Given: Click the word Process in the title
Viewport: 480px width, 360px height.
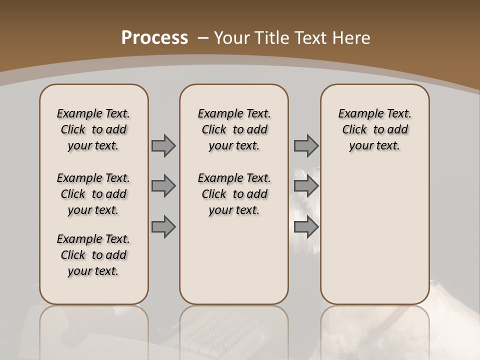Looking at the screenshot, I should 154,38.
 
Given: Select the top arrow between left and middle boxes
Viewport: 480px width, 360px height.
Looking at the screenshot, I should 163,145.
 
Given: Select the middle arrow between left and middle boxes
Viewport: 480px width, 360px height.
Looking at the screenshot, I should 163,186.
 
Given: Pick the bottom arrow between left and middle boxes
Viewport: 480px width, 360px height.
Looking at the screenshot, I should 163,227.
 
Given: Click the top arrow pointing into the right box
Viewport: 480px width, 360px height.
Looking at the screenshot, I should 306,145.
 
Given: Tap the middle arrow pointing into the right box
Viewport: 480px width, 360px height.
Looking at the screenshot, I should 306,186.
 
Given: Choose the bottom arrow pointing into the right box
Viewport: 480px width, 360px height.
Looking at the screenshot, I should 306,227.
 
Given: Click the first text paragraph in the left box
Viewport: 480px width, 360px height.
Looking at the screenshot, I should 93,129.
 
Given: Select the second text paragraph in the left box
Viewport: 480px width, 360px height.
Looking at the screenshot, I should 93,194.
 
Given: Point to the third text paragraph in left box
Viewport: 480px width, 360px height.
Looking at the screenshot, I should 93,255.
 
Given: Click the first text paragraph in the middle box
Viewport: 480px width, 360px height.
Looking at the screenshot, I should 234,129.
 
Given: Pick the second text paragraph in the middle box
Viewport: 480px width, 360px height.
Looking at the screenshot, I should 234,194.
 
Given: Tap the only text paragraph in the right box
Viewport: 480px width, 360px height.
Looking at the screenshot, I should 374,129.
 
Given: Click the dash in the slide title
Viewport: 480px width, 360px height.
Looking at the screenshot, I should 203,38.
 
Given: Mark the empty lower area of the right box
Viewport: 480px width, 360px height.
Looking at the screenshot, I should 374,240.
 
